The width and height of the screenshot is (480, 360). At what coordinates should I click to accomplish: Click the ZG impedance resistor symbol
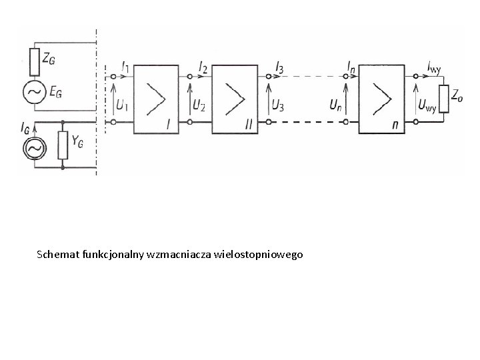point(34,57)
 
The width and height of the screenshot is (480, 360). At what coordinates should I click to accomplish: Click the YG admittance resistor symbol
point(63,146)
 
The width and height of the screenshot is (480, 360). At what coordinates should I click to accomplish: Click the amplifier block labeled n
point(382,98)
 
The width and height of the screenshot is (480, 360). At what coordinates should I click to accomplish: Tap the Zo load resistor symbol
point(442,98)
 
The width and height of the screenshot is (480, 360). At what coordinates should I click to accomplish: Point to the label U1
point(122,105)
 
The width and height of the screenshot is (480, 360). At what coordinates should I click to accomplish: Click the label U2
point(199,105)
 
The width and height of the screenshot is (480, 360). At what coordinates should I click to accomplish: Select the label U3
point(277,105)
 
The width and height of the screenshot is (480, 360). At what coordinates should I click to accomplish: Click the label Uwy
point(427,105)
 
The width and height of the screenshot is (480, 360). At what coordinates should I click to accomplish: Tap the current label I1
point(126,66)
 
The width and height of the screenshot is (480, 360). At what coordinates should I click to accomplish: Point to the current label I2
point(203,66)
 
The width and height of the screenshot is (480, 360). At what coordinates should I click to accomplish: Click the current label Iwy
point(434,65)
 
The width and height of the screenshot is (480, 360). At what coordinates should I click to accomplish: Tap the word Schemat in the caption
point(57,254)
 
